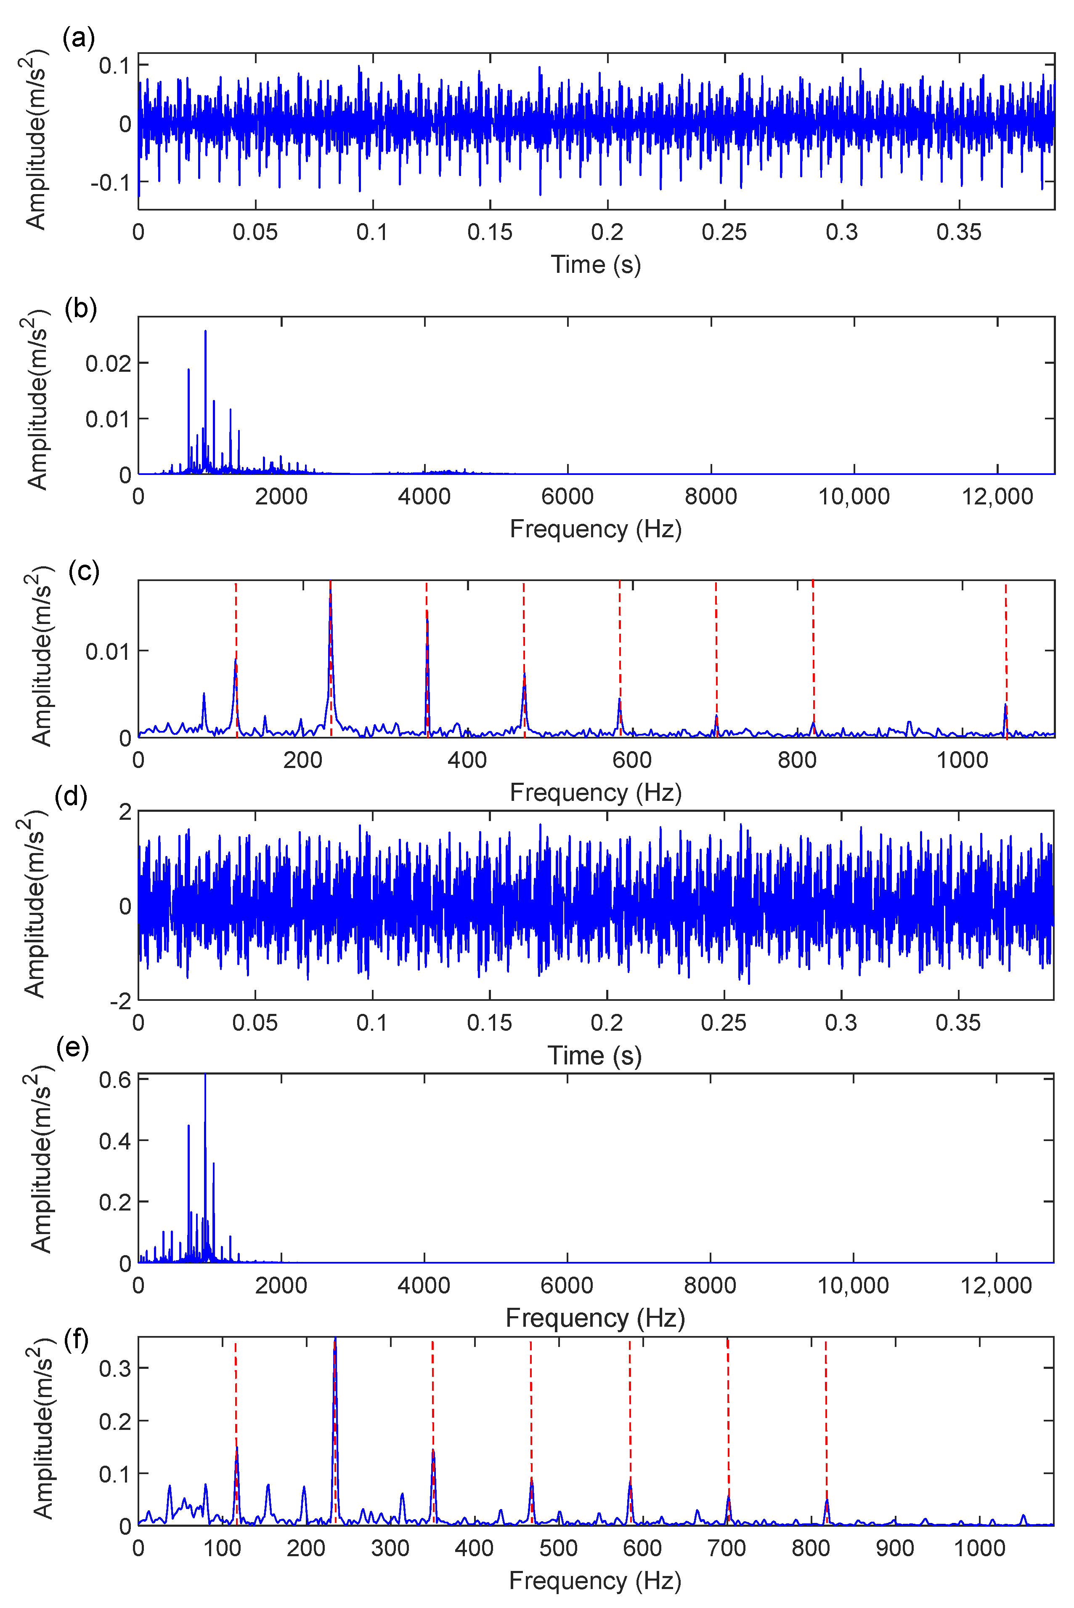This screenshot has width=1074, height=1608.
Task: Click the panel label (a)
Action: pyautogui.click(x=78, y=38)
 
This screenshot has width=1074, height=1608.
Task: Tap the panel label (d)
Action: pyautogui.click(x=71, y=797)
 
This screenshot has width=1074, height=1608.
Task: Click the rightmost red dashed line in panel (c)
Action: pyautogui.click(x=1005, y=658)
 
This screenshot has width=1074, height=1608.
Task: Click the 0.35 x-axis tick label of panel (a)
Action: pyautogui.click(x=958, y=233)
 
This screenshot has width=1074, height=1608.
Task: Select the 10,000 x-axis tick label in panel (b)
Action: pyautogui.click(x=854, y=497)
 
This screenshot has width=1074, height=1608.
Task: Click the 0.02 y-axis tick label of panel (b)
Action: pyautogui.click(x=108, y=363)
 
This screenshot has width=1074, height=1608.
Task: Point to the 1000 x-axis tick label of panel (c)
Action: pyautogui.click(x=962, y=760)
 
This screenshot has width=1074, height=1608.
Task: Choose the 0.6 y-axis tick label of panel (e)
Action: pyautogui.click(x=114, y=1081)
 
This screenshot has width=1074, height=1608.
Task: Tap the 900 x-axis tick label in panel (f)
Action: pyautogui.click(x=894, y=1548)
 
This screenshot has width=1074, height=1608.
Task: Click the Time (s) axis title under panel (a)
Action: pyautogui.click(x=595, y=264)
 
